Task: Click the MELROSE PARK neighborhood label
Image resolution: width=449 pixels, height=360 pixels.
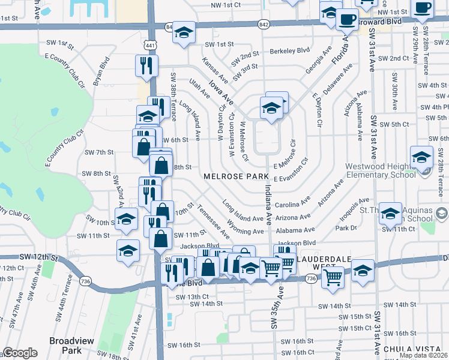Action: pos(235,176)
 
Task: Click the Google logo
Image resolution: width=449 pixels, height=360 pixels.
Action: pos(20,353)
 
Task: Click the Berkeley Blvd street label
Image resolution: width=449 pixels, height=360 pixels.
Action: pos(290,50)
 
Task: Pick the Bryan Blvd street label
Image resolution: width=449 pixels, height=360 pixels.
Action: pos(101,71)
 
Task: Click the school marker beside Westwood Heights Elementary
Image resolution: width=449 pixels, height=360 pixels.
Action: pos(422,157)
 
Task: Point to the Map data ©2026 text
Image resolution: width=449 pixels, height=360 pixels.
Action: pos(423,355)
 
